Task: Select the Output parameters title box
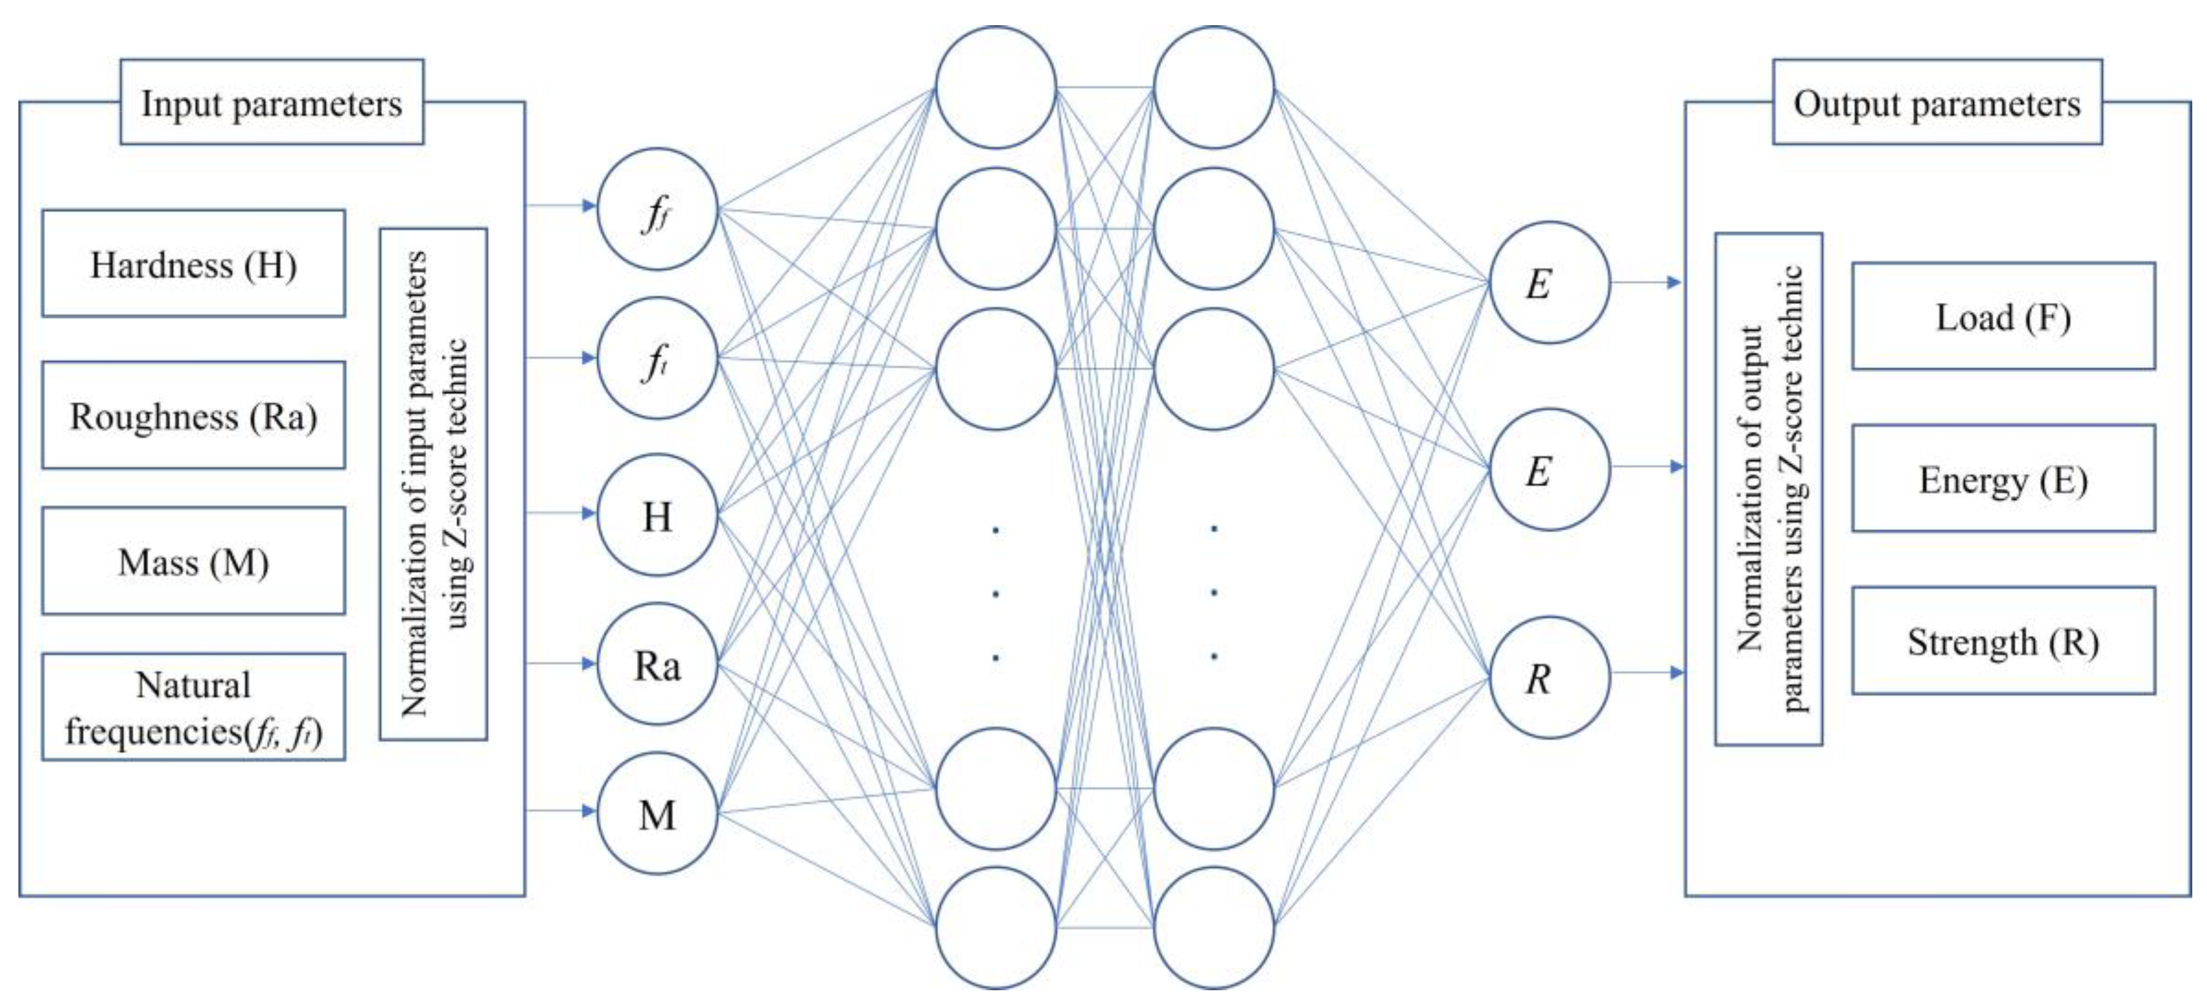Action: click(1936, 103)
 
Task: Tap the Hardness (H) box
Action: click(194, 264)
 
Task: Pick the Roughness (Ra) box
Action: click(194, 415)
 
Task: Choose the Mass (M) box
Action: click(194, 561)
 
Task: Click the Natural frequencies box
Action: click(194, 708)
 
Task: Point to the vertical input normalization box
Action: click(434, 484)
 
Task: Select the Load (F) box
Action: click(2003, 317)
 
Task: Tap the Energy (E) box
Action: click(2003, 479)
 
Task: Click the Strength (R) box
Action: click(2003, 641)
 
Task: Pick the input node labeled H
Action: click(657, 516)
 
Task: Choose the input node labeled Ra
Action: click(657, 665)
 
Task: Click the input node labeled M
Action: click(657, 814)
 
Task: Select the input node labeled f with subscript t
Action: click(657, 359)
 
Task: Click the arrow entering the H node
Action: click(561, 513)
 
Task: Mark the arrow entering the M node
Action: click(561, 810)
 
